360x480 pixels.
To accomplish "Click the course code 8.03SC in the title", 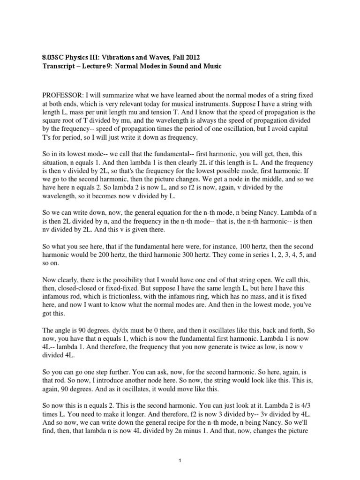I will [53, 57].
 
